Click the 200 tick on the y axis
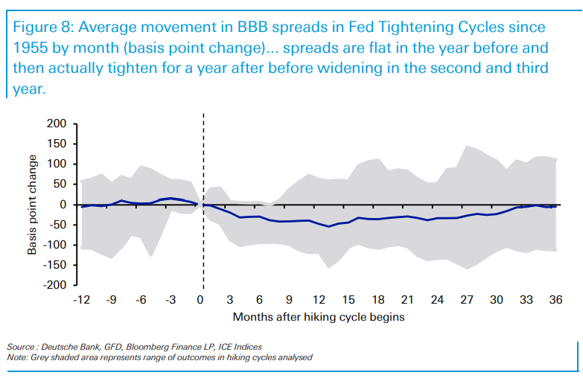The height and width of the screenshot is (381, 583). (57, 124)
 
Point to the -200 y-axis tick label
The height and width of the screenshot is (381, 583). (54, 285)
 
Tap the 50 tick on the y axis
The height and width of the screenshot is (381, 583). (60, 184)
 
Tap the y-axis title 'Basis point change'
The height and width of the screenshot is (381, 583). (34, 205)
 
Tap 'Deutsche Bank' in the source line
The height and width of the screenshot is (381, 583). (66, 348)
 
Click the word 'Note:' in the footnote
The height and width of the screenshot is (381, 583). (19, 358)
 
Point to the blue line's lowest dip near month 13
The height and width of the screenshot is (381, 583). (328, 226)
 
